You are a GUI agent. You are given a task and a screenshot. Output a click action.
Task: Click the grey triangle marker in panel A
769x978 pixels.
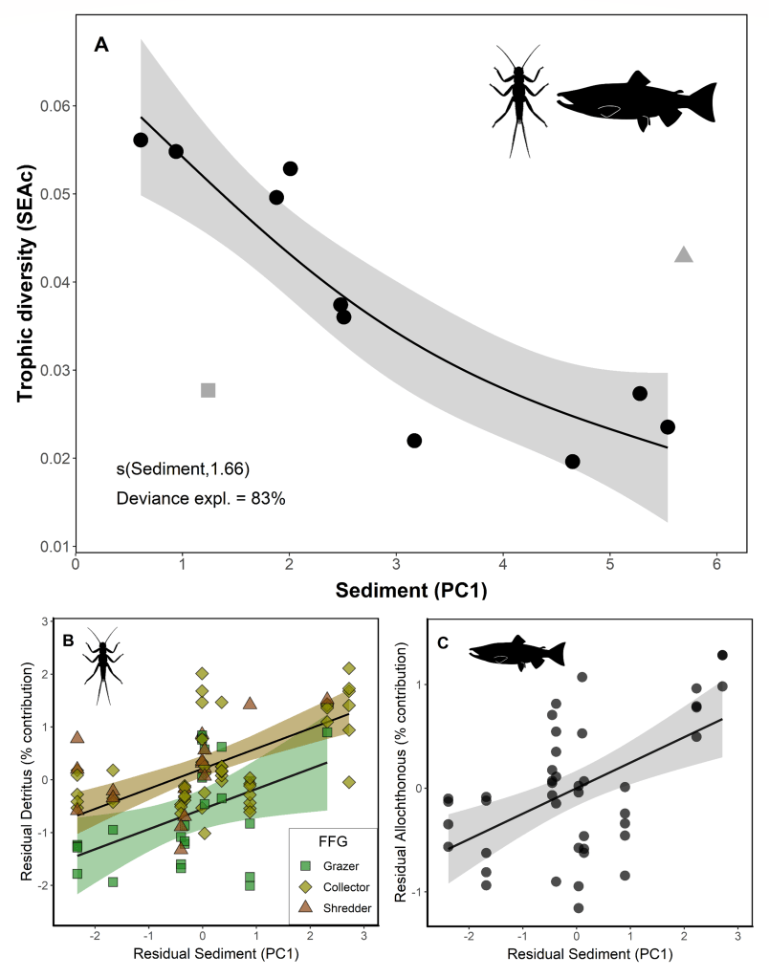(x=683, y=254)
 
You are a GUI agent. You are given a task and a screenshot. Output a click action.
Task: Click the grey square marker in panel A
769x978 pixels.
(x=209, y=390)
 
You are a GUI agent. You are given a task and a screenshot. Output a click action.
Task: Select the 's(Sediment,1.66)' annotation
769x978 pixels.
(x=177, y=468)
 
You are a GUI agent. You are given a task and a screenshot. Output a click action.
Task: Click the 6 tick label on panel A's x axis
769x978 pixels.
(x=715, y=565)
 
